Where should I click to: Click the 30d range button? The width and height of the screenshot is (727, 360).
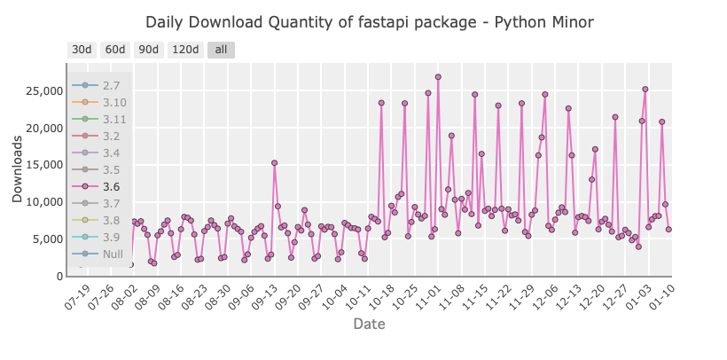click(82, 51)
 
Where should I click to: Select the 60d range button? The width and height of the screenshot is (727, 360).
click(115, 51)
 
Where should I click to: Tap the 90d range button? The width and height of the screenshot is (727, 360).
click(149, 51)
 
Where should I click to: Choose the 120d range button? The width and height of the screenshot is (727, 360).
click(184, 51)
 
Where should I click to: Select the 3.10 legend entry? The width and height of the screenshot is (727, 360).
click(113, 102)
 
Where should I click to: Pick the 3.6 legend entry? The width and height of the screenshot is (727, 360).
click(111, 187)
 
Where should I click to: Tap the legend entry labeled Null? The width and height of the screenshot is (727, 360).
click(113, 254)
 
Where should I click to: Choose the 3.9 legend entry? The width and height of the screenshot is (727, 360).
click(111, 238)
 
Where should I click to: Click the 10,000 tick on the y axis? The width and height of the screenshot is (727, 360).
click(38, 202)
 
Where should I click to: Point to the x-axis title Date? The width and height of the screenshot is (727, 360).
click(369, 325)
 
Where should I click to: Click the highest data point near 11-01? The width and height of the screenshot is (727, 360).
click(438, 77)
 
